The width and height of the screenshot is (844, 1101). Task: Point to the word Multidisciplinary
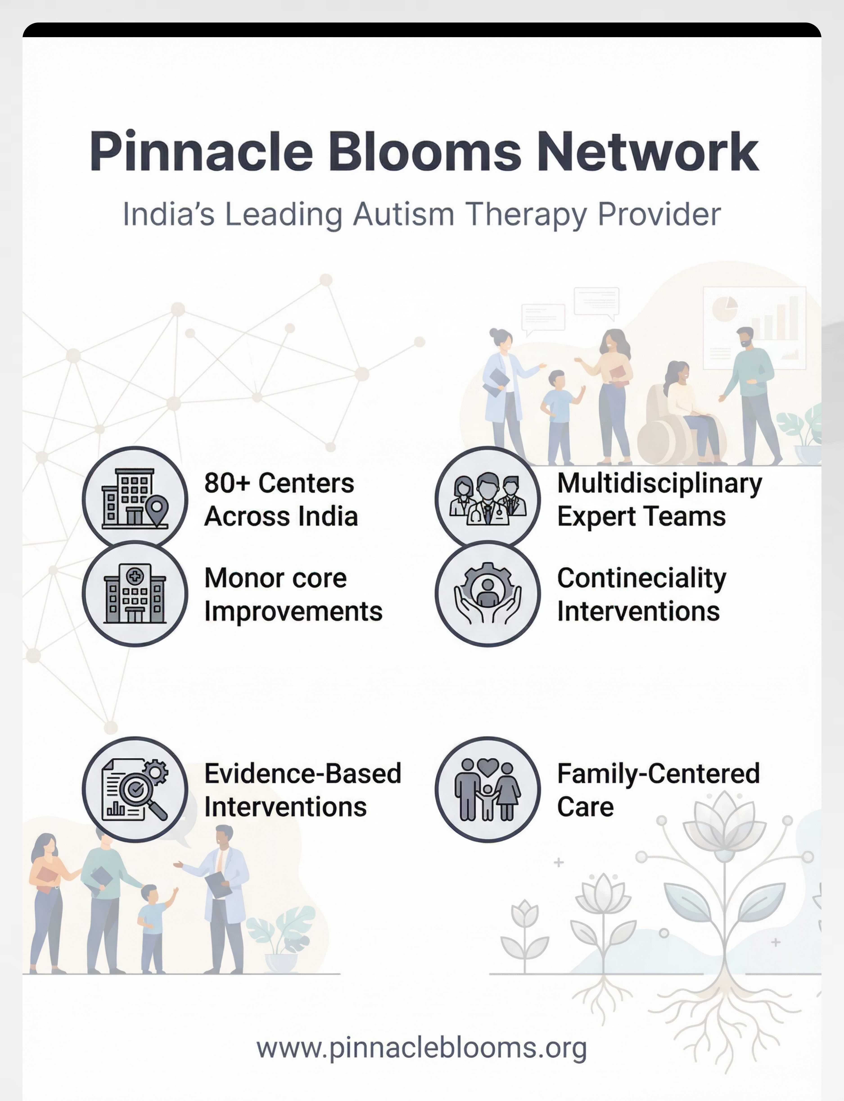(x=660, y=484)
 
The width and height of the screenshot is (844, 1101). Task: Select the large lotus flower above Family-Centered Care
(x=724, y=819)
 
